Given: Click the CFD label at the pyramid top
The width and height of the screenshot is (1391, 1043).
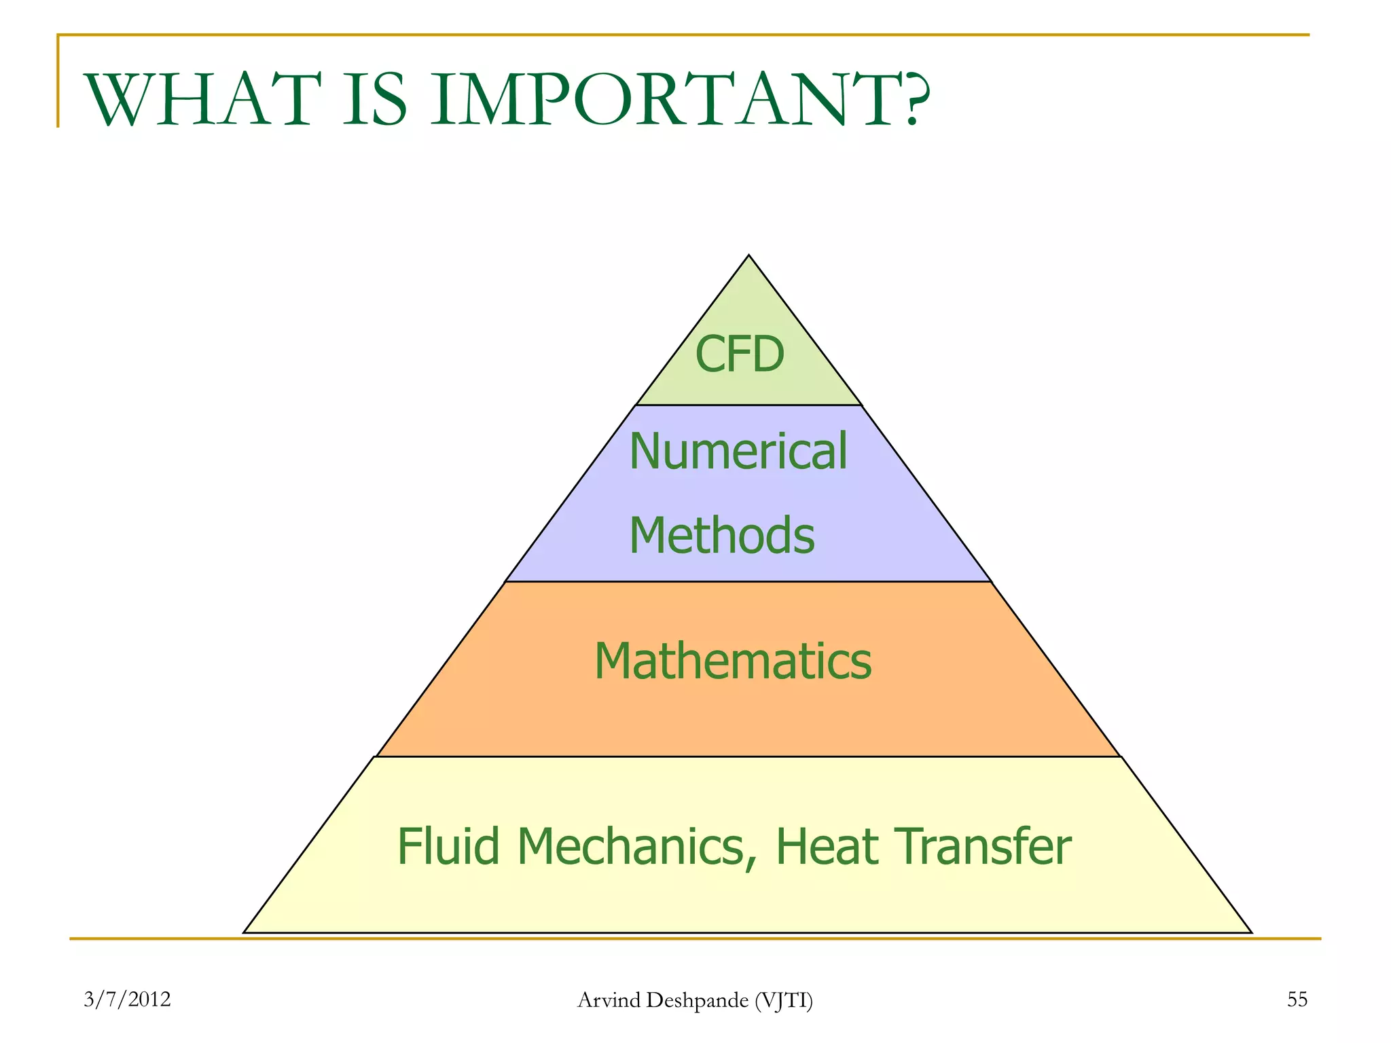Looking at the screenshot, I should point(740,354).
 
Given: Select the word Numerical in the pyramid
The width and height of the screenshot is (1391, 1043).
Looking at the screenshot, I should point(738,452).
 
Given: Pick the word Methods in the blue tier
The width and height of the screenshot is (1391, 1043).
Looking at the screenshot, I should point(721,536).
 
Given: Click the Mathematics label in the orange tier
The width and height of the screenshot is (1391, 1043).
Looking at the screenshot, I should point(733,661).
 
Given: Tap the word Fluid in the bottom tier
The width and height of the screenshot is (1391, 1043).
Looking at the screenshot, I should point(448,847).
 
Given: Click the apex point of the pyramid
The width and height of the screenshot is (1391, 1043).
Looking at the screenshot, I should point(748,257).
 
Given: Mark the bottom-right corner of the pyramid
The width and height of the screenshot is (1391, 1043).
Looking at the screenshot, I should point(1250,932).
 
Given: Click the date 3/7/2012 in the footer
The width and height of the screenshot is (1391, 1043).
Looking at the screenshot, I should point(127,1000).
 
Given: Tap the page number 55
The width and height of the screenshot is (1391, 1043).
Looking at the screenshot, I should point(1297,1000).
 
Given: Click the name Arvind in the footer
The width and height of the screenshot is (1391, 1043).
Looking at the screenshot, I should point(609,1000).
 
